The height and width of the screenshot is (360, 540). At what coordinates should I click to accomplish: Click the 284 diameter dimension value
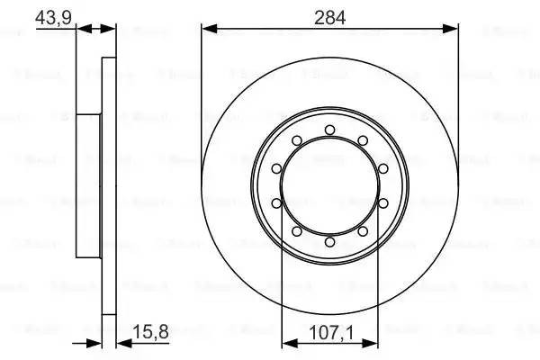[x=329, y=15]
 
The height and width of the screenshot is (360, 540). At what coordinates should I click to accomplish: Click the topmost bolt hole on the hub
[x=330, y=130]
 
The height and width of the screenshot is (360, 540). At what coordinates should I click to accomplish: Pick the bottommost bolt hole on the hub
[x=330, y=242]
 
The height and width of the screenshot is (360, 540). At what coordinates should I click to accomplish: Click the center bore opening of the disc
[x=330, y=186]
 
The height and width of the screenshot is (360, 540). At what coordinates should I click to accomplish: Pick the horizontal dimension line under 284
[x=330, y=30]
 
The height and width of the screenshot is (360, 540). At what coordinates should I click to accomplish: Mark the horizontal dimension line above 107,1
[x=330, y=342]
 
